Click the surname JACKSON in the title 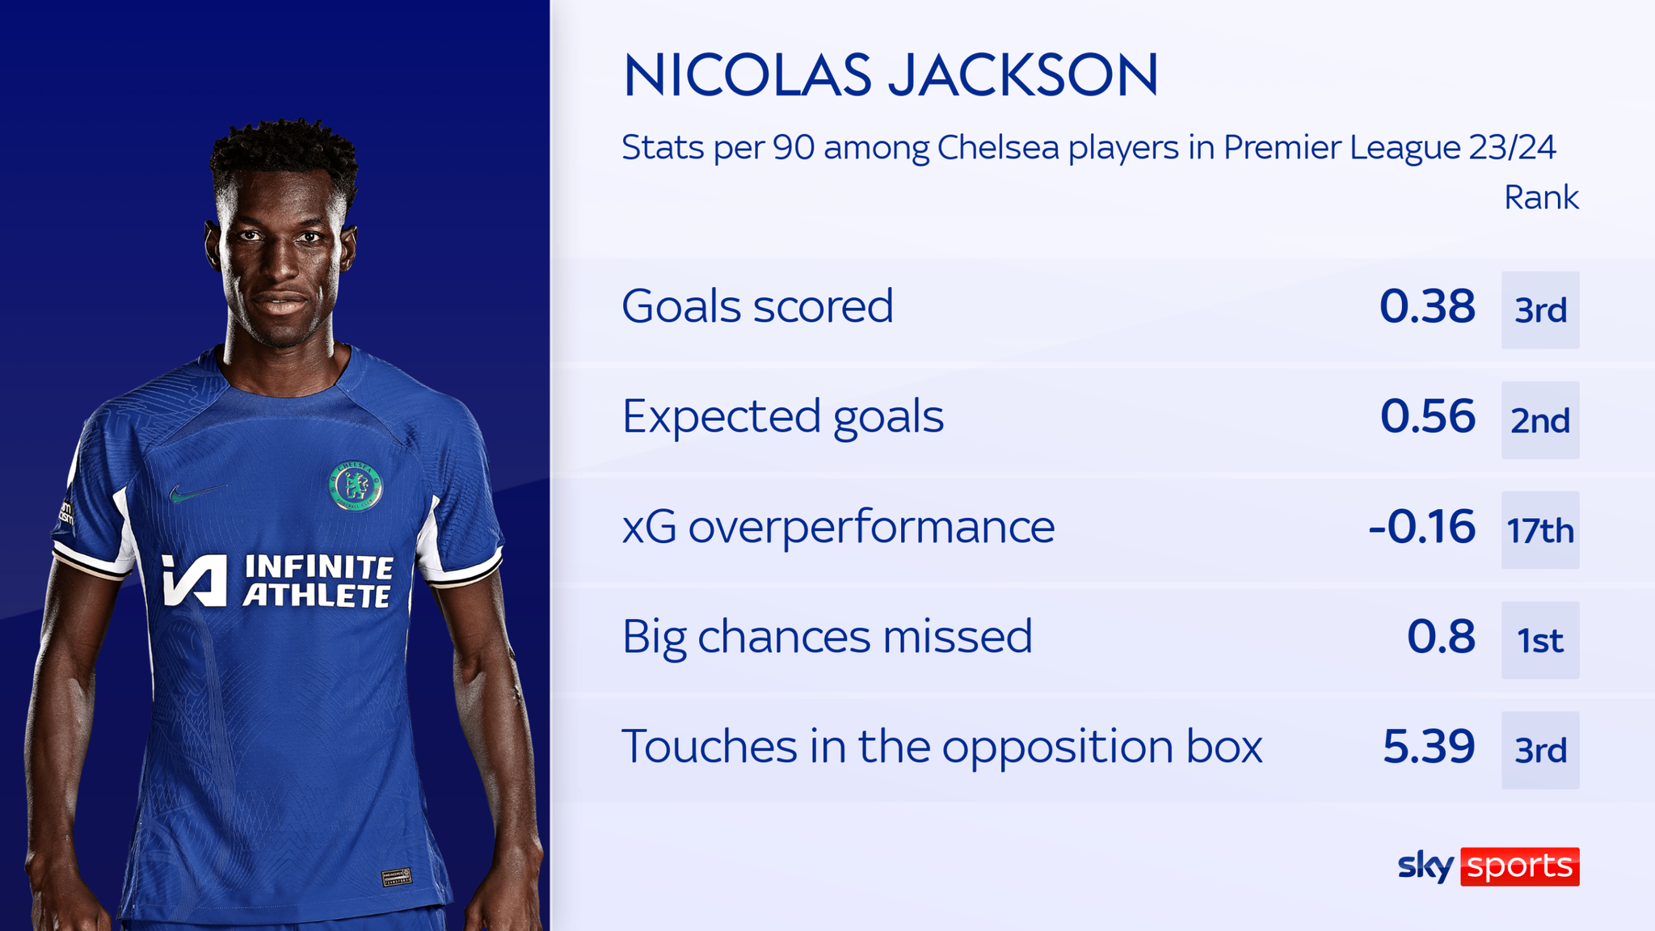[1023, 76]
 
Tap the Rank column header [1540, 198]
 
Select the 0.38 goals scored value [1427, 307]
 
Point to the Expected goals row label [782, 417]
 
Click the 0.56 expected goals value [1427, 417]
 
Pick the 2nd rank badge [1540, 420]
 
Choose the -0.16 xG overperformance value [1422, 527]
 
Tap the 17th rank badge [1540, 531]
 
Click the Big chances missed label [827, 637]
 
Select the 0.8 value [1441, 637]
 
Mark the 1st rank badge [1540, 641]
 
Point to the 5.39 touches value [1428, 747]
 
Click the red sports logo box [1519, 866]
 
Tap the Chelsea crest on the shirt [356, 487]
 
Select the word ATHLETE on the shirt [317, 596]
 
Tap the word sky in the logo [1425, 866]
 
